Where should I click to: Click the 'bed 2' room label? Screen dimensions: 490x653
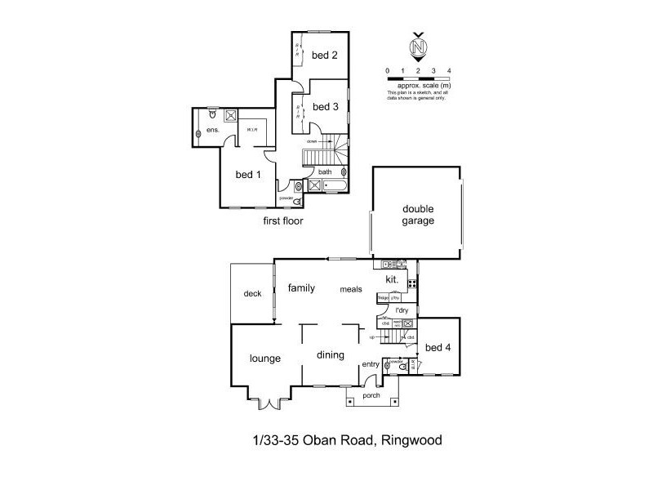tap(324, 56)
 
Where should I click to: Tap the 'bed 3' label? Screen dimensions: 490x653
tap(325, 107)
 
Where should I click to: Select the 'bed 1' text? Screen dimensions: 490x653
tap(248, 175)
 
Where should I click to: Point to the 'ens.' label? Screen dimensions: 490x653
tap(212, 131)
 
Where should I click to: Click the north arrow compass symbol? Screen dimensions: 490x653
tap(419, 48)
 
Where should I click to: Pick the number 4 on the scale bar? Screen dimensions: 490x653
tap(450, 71)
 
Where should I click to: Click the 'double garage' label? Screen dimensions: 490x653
tap(417, 215)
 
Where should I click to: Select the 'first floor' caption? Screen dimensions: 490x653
tap(282, 220)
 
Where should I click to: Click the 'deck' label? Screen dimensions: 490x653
tap(252, 293)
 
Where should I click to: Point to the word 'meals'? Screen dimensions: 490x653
tap(351, 289)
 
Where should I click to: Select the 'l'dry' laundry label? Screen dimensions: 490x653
tap(402, 311)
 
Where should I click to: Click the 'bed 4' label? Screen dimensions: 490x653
tap(438, 348)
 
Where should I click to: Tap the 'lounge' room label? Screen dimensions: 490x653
tap(265, 358)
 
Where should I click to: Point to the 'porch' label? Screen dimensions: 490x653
tap(372, 395)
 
